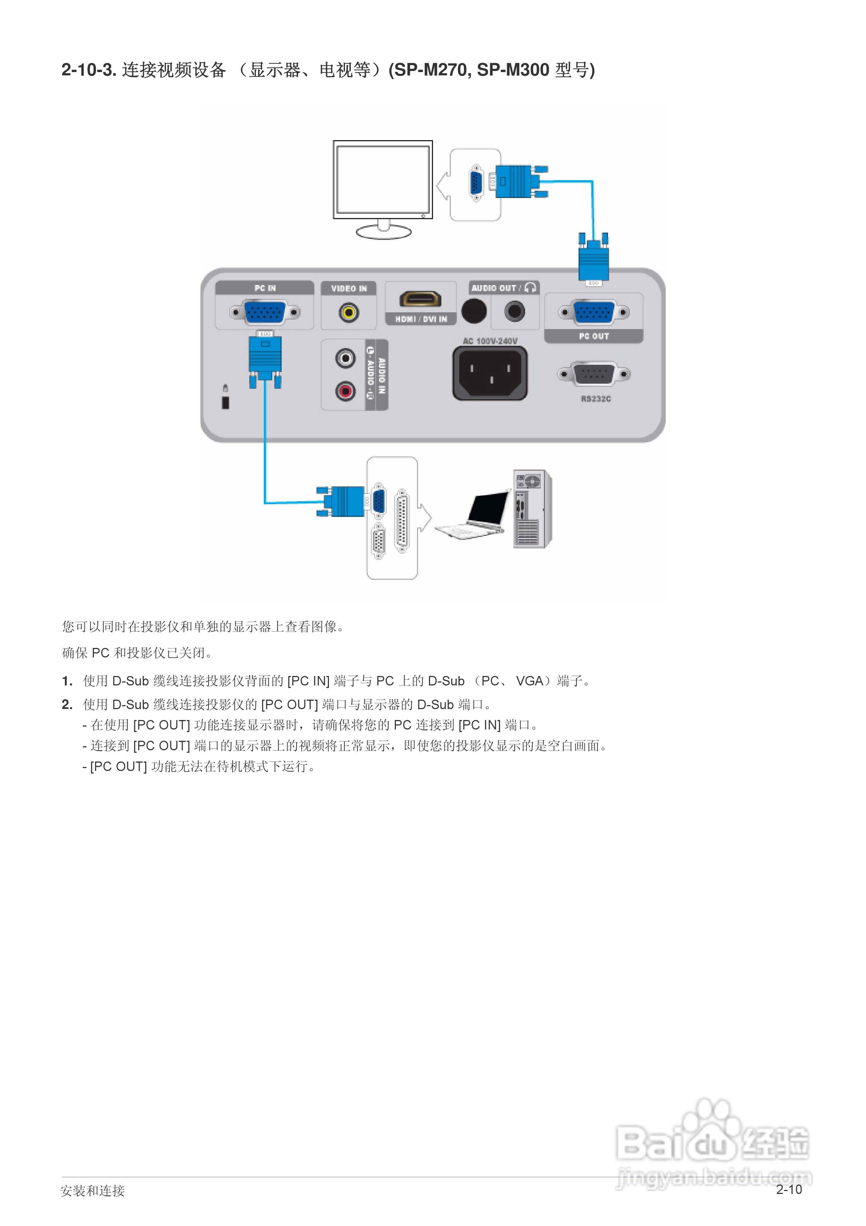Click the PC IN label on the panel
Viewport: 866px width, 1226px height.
point(265,288)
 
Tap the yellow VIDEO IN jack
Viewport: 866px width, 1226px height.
point(349,312)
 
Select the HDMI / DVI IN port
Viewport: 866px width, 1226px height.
point(421,299)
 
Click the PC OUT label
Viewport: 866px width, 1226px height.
point(594,336)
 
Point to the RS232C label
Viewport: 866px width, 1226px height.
point(596,399)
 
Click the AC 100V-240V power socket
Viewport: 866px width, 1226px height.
point(490,373)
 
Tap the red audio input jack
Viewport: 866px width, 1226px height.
point(345,391)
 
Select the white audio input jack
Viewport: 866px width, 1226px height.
point(345,358)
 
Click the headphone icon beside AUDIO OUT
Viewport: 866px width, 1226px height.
point(530,288)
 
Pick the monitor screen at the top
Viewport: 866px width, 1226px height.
point(383,179)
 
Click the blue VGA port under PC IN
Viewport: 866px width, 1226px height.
point(265,312)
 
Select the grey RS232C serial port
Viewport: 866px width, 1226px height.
point(594,374)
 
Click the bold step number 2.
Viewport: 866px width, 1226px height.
point(67,705)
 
